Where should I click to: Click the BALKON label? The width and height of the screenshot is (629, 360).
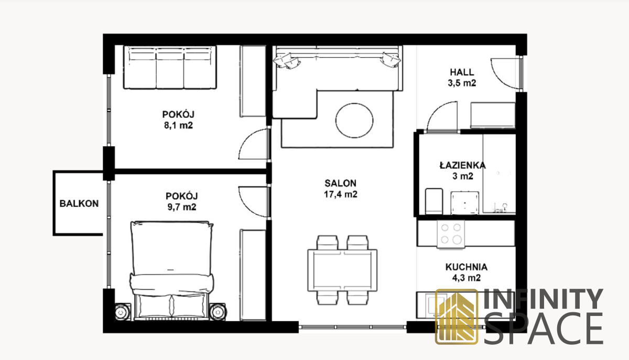[x=79, y=204]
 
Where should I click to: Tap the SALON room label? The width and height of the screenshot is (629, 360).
[x=340, y=183]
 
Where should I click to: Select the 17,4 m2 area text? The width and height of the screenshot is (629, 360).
[x=341, y=194]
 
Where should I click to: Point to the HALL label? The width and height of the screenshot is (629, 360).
[x=462, y=72]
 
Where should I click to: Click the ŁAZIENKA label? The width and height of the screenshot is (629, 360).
[x=462, y=165]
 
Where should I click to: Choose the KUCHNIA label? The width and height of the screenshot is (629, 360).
[x=467, y=267]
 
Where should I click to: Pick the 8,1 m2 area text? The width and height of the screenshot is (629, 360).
[x=178, y=125]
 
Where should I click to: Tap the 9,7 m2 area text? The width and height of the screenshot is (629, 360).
[x=182, y=207]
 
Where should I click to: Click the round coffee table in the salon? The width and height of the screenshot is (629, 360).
[x=354, y=121]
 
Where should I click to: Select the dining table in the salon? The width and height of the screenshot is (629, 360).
[x=342, y=270]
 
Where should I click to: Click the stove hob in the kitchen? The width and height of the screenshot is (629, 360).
[x=451, y=234]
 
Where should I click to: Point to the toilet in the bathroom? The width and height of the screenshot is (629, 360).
[x=434, y=201]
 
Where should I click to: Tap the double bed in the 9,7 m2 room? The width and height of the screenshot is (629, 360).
[x=171, y=270]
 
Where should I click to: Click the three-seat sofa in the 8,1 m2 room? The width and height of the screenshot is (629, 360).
[x=170, y=68]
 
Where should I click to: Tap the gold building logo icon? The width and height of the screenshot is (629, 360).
[x=457, y=317]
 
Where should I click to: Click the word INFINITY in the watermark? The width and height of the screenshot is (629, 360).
[x=543, y=298]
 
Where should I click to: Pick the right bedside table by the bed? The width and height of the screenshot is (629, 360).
[x=218, y=312]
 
